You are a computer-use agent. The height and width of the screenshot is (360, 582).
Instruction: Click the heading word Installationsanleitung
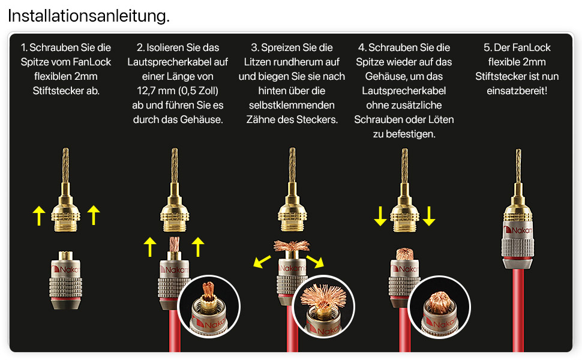[89, 16]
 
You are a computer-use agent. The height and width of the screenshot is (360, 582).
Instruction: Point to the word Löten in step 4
[440, 119]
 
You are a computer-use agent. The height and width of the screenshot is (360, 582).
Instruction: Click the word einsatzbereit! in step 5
[517, 91]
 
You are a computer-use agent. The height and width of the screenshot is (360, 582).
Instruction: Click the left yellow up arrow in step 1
[39, 215]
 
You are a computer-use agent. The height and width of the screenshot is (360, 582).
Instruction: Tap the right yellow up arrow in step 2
[198, 247]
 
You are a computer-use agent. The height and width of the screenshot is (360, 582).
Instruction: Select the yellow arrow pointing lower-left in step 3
[262, 261]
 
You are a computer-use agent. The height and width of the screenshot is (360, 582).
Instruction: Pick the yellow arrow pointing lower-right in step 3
[315, 261]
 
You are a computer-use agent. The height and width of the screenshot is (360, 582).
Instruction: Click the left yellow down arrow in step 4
[380, 216]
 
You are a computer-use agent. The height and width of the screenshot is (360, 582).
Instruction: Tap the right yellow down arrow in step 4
[429, 216]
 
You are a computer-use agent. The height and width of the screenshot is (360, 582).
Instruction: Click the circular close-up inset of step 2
[209, 306]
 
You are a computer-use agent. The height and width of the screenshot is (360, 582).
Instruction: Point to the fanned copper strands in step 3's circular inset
[323, 295]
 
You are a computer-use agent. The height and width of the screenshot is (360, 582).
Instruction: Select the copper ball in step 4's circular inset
[440, 301]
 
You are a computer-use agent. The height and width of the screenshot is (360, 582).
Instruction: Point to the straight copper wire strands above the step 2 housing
[174, 244]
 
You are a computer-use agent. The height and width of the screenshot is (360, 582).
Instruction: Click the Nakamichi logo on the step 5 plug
[518, 230]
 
